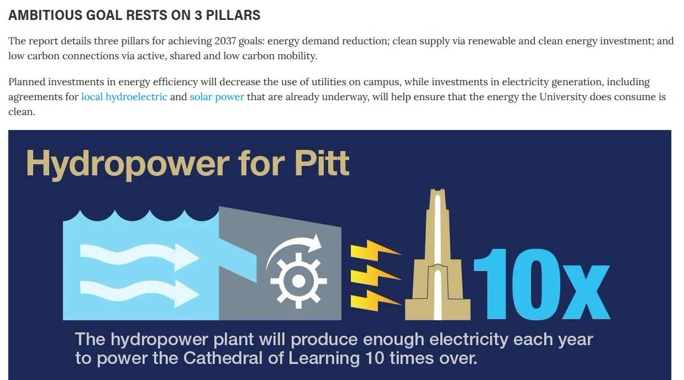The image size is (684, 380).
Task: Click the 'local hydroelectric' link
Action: click(124, 96)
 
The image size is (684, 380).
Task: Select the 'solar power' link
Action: click(217, 96)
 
